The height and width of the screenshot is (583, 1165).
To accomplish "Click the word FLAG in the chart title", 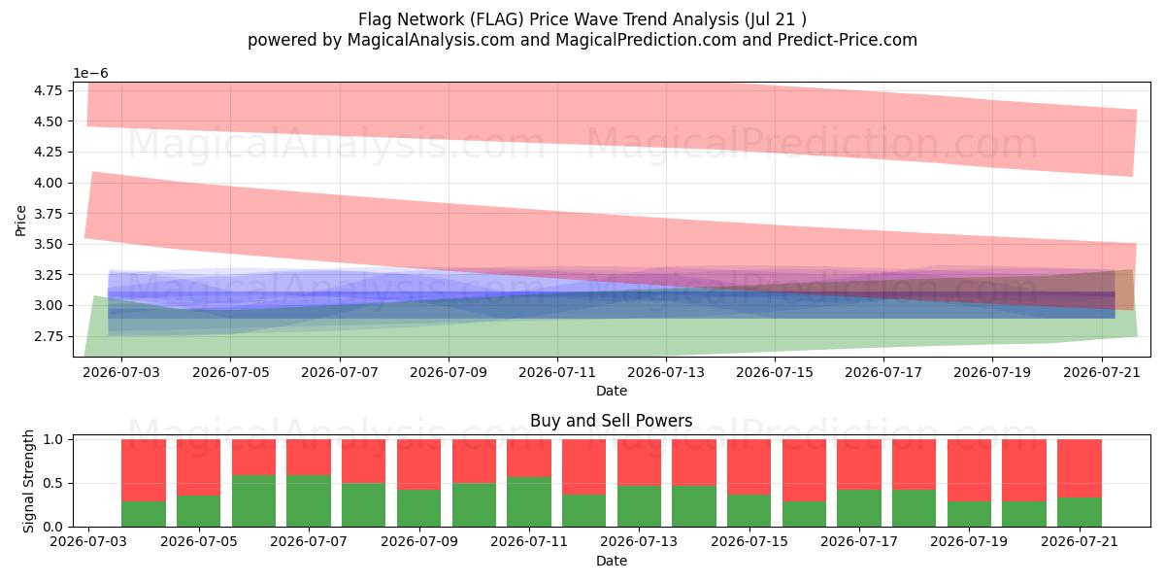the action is coord(497,19).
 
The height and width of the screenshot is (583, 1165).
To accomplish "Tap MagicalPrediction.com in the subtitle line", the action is coord(646,40).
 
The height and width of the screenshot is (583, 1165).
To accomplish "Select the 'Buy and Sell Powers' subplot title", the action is coord(611,421).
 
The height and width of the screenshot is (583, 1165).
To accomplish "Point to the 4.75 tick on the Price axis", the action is coord(49,90).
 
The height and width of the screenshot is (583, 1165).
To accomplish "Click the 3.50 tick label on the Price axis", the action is coord(49,244).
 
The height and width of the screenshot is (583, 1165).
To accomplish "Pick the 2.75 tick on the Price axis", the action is coord(49,336).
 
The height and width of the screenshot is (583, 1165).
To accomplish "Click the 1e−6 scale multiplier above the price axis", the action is coord(90,74).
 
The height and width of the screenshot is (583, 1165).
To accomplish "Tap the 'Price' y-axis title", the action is coord(20,222).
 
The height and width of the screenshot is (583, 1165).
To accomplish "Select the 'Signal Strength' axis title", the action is coord(28,482).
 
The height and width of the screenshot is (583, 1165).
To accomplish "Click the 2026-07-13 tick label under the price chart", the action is coord(666,373).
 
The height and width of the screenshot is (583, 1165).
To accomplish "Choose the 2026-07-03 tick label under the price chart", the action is coord(121,373).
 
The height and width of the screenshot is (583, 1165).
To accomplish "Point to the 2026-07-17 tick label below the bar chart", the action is coord(859,542).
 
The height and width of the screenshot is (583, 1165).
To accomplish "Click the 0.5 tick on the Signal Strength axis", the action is coord(52,484).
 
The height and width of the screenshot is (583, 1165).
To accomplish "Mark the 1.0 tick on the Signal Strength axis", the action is coord(52,440).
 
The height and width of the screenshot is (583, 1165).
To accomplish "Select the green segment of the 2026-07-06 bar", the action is coord(253,500).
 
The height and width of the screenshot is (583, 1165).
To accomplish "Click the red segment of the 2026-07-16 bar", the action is coord(804,470).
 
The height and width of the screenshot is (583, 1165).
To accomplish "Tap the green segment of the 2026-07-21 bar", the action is coord(1080,512).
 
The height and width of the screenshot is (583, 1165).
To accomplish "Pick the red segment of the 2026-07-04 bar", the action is coord(144,470).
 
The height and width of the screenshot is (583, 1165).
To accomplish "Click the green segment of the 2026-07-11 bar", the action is coord(529,501).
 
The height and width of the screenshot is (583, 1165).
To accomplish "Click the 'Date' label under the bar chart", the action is coord(611,562).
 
